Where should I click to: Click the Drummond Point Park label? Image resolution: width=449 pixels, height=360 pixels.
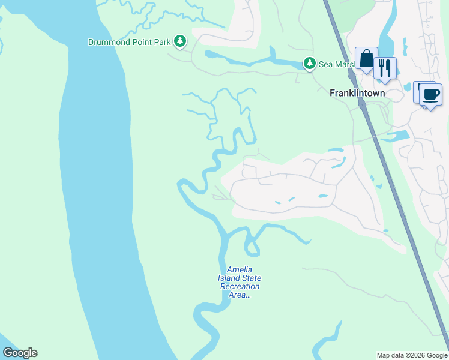(x=129, y=43)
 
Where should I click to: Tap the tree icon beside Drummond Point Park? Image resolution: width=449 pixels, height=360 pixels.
(x=179, y=41)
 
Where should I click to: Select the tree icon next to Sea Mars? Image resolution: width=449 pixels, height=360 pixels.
(x=309, y=62)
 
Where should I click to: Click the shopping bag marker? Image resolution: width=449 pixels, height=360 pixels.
(x=366, y=59)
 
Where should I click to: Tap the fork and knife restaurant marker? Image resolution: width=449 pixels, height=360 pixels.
(x=385, y=68)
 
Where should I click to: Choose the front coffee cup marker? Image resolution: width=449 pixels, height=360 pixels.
(x=430, y=94)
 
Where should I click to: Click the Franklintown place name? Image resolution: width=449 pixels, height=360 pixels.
(x=357, y=93)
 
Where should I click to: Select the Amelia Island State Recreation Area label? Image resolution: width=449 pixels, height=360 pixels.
(x=240, y=282)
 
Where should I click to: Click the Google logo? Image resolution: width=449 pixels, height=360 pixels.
(x=20, y=353)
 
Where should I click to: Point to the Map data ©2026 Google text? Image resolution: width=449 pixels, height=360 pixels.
(x=412, y=355)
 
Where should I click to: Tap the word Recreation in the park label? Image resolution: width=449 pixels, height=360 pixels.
(x=240, y=287)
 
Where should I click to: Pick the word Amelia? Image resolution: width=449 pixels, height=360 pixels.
(x=240, y=270)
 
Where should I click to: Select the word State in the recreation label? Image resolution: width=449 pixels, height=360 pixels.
(x=251, y=278)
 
